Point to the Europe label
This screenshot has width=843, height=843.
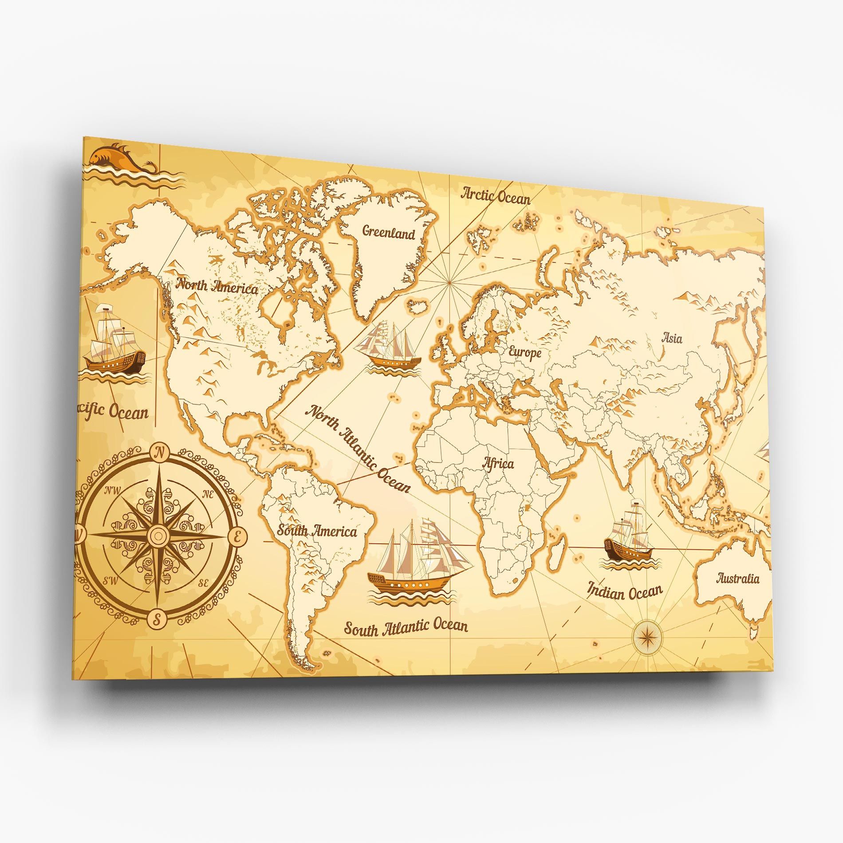(525, 353)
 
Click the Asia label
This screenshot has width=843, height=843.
(672, 339)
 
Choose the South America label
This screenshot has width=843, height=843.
(317, 531)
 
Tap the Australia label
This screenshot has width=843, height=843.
(738, 579)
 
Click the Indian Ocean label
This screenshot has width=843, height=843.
(625, 591)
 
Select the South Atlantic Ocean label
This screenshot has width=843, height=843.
(406, 627)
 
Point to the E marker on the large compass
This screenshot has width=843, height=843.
(237, 537)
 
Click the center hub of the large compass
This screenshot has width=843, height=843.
(158, 534)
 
